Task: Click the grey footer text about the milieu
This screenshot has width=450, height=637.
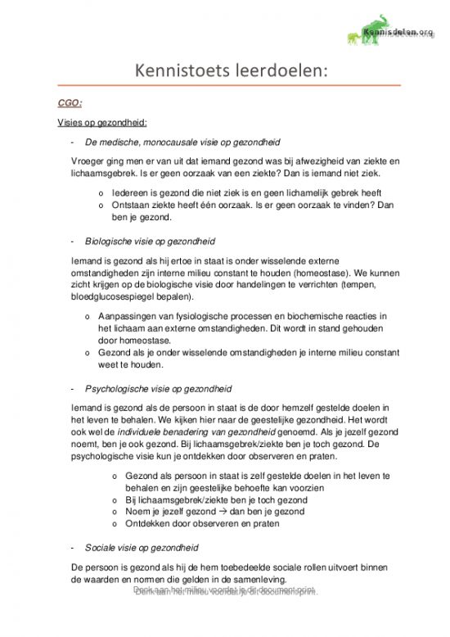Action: point(225,590)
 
